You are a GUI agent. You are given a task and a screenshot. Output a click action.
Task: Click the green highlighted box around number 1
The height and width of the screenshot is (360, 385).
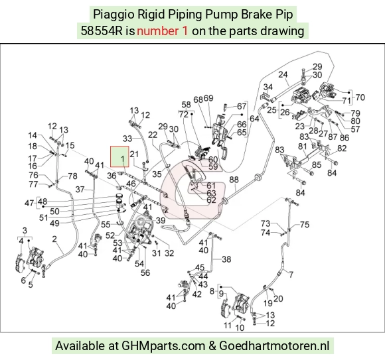click(119, 156)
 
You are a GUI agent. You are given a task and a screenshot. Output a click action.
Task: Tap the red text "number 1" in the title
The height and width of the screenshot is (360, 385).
click(163, 31)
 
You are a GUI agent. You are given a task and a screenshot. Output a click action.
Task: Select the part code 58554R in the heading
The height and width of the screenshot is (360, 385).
click(102, 31)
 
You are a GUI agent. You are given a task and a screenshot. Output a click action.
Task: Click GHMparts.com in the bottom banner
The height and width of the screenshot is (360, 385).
click(163, 346)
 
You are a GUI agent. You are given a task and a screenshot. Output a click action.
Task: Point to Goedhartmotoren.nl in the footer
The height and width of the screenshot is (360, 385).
click(274, 346)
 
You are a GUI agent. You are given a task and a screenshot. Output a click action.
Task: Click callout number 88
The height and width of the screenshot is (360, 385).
click(234, 180)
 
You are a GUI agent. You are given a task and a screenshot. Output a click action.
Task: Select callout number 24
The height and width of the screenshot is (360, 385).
click(283, 74)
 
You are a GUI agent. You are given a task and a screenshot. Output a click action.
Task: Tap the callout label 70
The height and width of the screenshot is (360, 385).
click(360, 97)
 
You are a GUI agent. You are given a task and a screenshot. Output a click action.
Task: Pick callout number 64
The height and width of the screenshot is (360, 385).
click(254, 119)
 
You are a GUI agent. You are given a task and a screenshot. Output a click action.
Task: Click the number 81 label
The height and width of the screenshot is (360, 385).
click(303, 147)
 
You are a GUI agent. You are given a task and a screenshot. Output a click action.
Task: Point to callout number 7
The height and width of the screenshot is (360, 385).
click(291, 274)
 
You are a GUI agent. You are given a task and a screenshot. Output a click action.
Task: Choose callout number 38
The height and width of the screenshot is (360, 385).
click(226, 259)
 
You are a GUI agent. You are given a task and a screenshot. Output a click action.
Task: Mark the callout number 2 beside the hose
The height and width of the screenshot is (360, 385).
click(54, 239)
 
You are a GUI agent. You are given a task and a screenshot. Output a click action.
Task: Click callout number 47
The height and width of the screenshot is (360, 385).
click(29, 203)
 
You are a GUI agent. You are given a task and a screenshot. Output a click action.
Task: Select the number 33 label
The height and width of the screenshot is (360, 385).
click(127, 139)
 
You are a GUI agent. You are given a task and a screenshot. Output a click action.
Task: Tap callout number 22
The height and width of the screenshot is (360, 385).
click(153, 135)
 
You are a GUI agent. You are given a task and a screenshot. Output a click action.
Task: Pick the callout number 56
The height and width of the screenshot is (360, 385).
click(145, 272)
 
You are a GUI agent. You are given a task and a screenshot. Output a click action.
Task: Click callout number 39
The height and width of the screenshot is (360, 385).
click(161, 220)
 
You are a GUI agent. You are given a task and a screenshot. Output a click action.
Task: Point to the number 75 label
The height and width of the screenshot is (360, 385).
click(305, 224)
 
